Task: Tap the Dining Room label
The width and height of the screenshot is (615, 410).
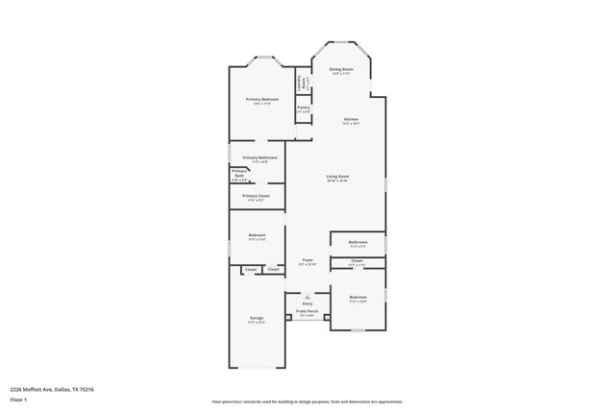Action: [342, 70]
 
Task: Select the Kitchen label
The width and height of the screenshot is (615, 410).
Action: [352, 120]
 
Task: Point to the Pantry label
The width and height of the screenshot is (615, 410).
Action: [303, 109]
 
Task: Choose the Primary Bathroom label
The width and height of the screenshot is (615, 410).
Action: [259, 158]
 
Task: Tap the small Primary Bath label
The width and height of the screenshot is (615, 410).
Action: [239, 175]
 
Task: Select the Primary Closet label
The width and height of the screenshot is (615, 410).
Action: [256, 197]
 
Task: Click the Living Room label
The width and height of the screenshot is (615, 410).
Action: [336, 178]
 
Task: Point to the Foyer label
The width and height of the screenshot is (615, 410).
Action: [307, 260]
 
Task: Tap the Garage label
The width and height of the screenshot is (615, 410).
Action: [257, 318]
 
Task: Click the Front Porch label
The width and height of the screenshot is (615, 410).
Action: [307, 312]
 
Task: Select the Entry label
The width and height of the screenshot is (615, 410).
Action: [307, 303]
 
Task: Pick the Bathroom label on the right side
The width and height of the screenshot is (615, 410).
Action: [357, 243]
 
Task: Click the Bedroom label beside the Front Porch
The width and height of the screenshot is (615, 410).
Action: [357, 298]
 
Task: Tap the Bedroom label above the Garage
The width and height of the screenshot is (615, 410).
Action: [257, 235]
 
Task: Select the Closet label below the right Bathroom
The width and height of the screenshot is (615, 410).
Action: [357, 260]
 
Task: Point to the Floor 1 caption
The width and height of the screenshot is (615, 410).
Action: [18, 398]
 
